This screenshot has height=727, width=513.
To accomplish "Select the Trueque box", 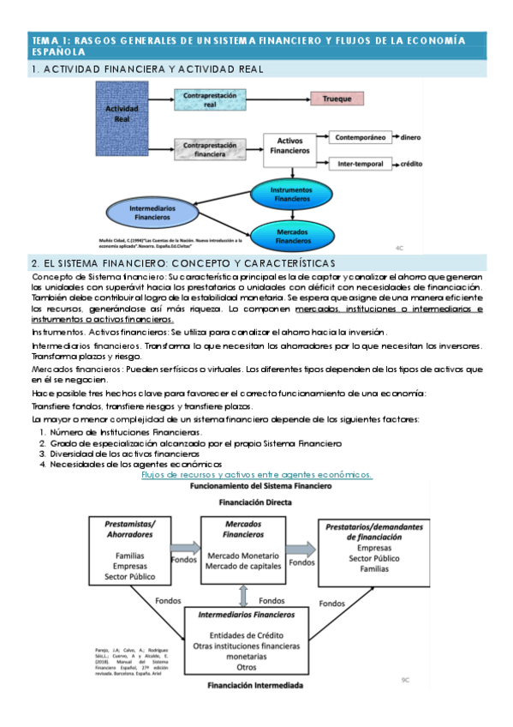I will [x=337, y=99].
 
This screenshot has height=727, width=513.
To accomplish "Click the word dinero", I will [x=411, y=136].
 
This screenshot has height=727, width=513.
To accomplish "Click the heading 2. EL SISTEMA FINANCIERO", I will [x=182, y=262].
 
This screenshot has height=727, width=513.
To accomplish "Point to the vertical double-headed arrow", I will [x=245, y=592].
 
